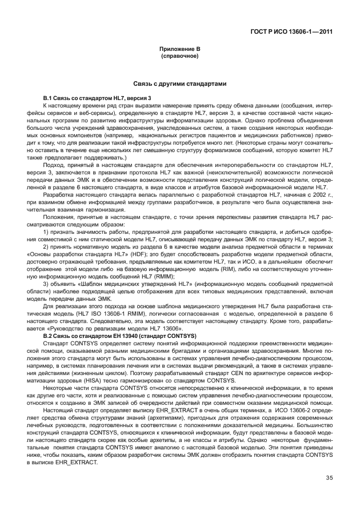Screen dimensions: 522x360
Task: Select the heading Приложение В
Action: pyautogui.click(x=179, y=50)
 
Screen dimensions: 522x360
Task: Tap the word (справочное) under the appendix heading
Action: pyautogui.click(x=179, y=57)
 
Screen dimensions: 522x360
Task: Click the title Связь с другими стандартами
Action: pyautogui.click(x=179, y=84)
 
